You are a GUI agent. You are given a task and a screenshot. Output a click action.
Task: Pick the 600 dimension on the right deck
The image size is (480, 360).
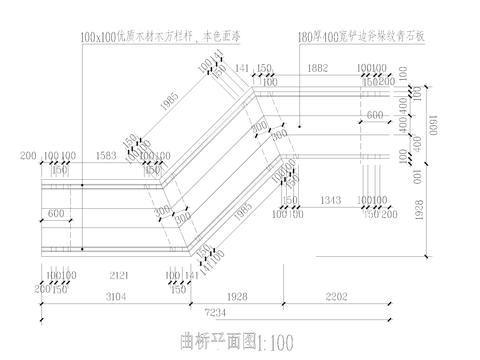coord(375,115)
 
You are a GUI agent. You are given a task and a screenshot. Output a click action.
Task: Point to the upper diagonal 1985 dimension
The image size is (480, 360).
coord(175,103)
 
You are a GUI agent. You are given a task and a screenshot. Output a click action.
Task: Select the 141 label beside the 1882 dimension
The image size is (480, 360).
coord(241,67)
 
